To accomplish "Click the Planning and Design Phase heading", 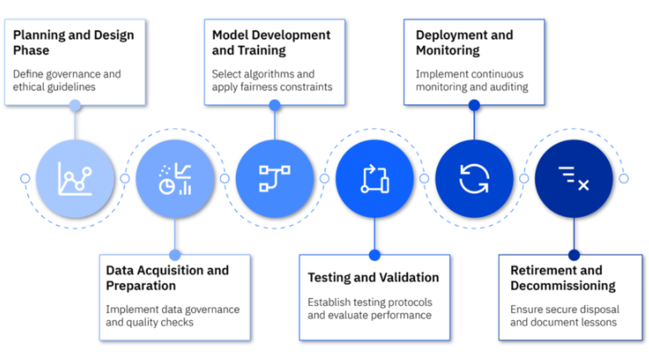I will coord(74,42).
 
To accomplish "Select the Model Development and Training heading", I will coord(271,42).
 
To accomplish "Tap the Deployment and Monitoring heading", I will coord(464,42).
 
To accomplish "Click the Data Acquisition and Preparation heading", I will coord(167,278).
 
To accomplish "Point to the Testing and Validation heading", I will coord(373,277).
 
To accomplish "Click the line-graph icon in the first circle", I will coord(75,178).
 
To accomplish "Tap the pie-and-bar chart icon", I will coord(175,179).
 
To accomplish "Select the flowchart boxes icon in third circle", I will coord(275,178).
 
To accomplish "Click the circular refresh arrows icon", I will coord(474,178).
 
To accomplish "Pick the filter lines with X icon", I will coord(574,178).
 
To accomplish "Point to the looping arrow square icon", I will coord(375,179).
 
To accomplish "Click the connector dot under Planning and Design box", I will coord(75,105).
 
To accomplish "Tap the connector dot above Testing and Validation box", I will coord(375,255).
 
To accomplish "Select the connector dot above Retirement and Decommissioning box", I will coord(574,255).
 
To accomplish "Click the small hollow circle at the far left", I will coord(25,178).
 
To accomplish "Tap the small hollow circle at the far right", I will coord(624,178).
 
